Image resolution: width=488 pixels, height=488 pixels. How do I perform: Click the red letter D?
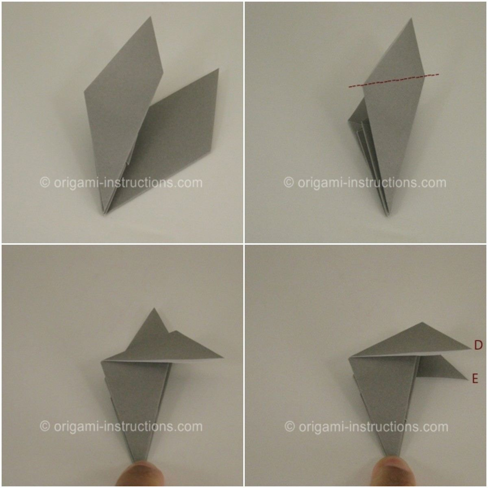click(x=478, y=345)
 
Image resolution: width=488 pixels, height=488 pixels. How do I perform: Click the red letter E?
click(x=475, y=378)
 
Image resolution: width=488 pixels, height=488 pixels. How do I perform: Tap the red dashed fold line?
click(x=394, y=81)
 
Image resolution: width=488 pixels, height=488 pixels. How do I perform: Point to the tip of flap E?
click(x=468, y=379)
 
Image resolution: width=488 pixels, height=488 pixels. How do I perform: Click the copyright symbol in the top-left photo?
click(x=45, y=183)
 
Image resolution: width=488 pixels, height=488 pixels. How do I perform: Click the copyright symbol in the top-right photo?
click(x=289, y=183)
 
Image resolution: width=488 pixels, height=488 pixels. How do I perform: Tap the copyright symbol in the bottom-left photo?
click(x=45, y=426)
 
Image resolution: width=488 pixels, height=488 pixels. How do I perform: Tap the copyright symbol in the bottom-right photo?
click(x=290, y=426)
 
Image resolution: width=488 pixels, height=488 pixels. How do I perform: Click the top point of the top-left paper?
click(x=151, y=17)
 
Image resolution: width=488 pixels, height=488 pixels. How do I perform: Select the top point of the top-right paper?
click(x=411, y=18)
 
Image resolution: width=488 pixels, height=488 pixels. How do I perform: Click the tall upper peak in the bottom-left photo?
click(x=154, y=308)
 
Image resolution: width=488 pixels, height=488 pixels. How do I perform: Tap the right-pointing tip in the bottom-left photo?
click(x=223, y=357)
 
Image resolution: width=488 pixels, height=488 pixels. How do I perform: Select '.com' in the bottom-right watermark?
click(x=435, y=427)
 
